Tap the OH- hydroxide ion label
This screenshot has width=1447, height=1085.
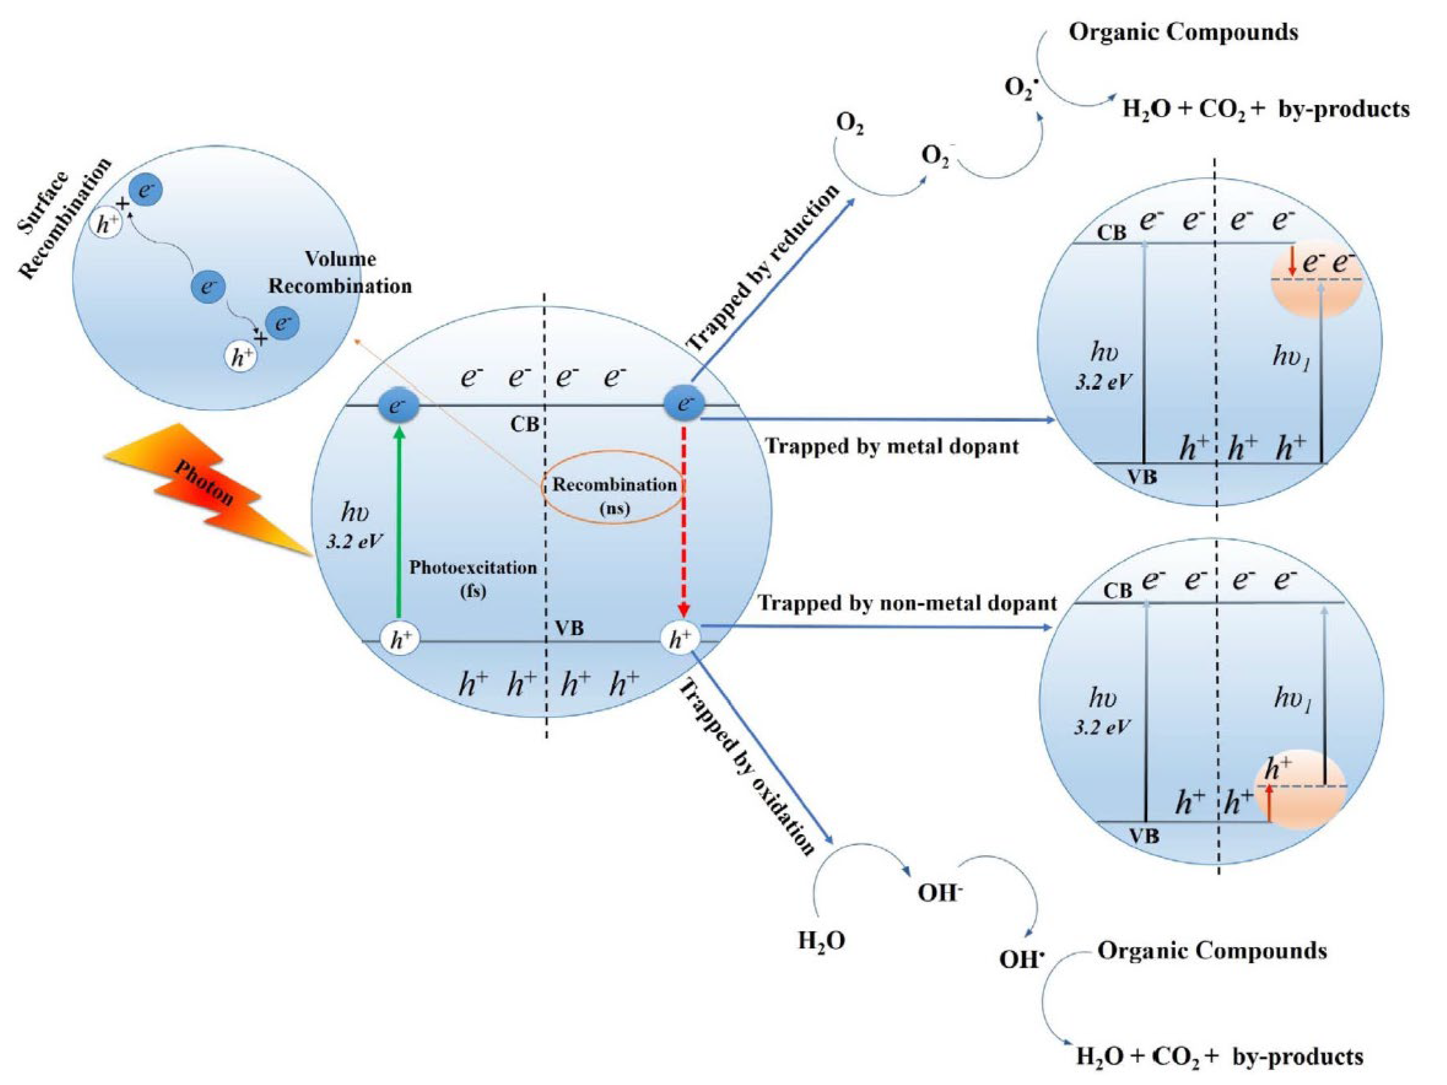point(940,893)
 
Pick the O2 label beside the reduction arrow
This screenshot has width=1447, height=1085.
point(849,124)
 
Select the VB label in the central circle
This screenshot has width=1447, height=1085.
point(569,629)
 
